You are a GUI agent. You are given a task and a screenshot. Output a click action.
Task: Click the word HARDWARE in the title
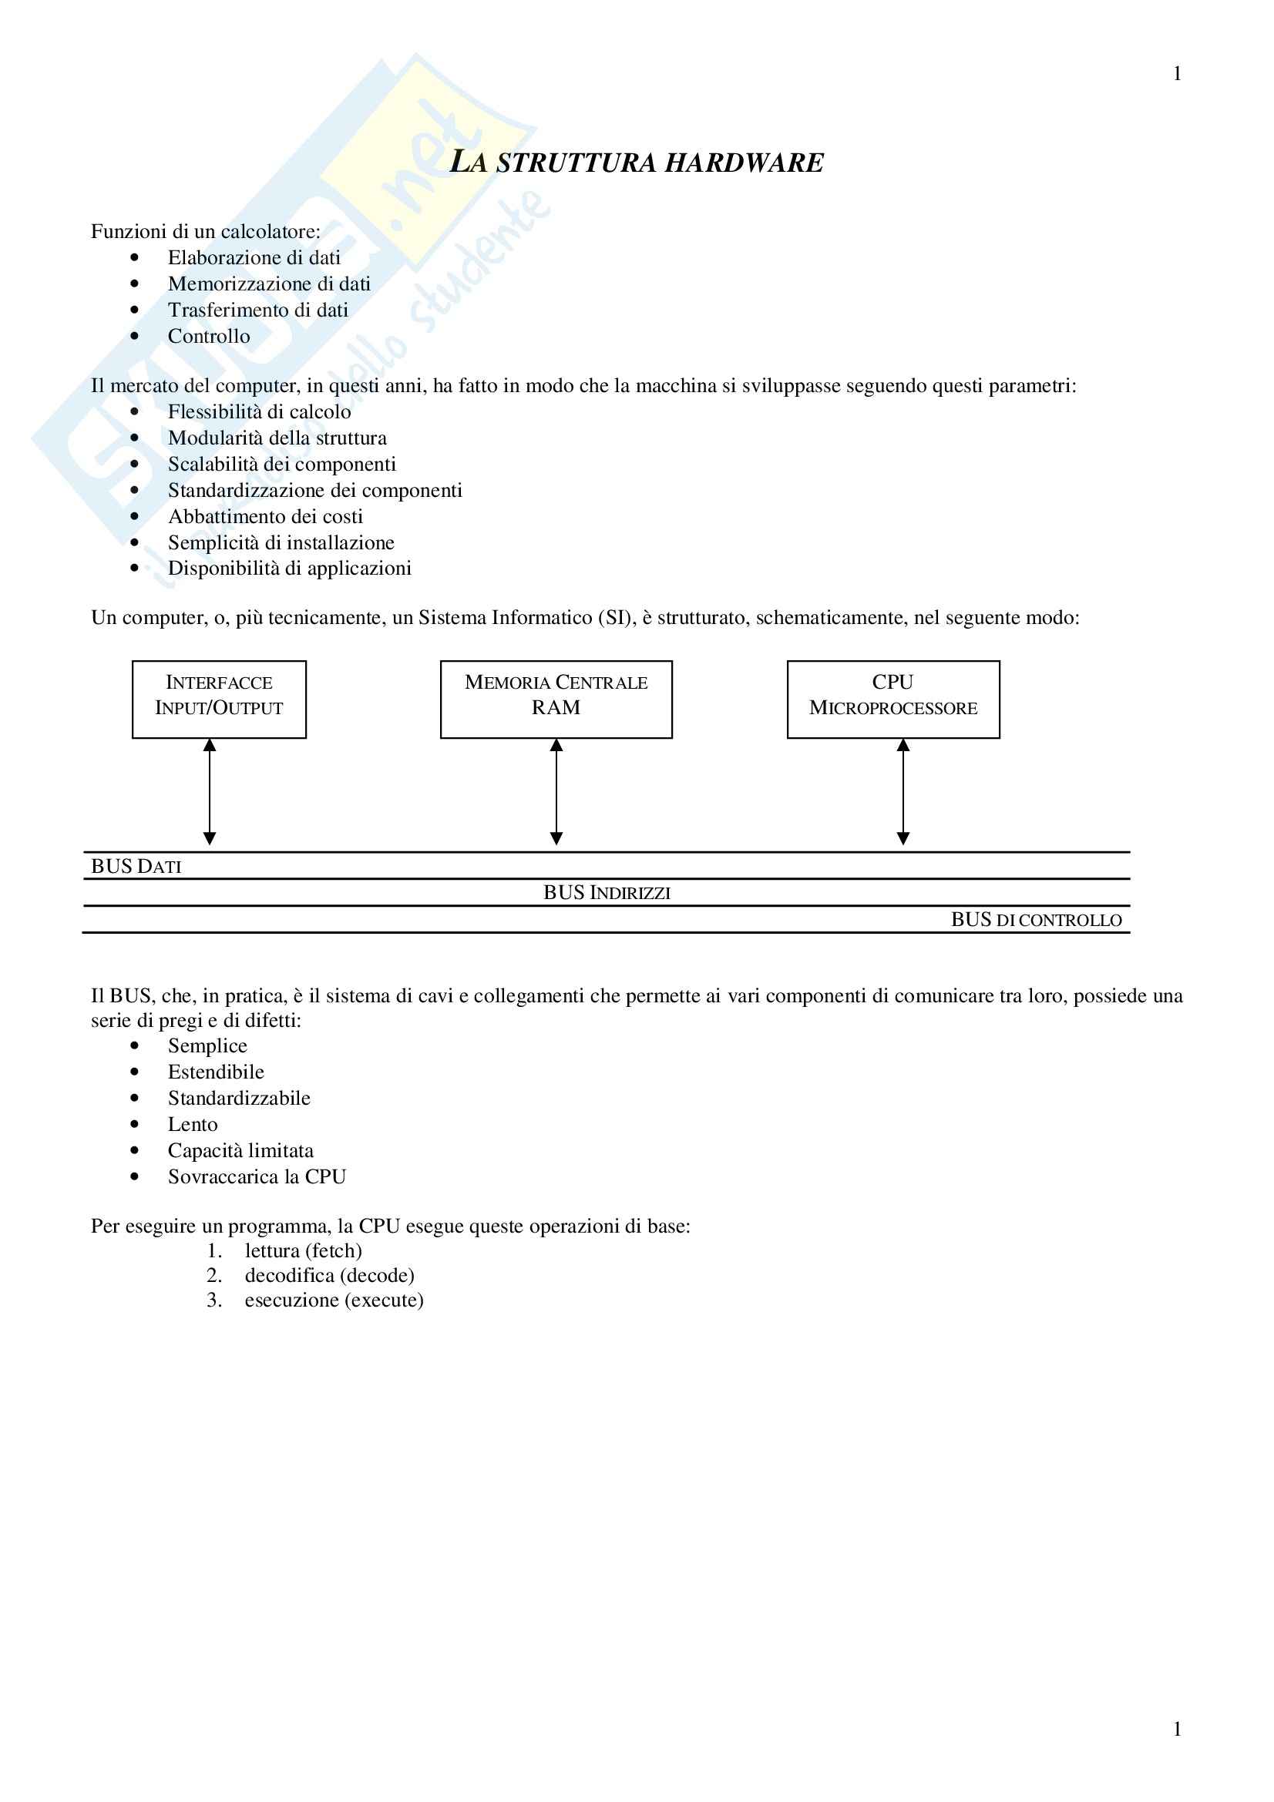pyautogui.click(x=745, y=163)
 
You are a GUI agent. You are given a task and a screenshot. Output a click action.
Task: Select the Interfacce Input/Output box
pyautogui.click(x=219, y=699)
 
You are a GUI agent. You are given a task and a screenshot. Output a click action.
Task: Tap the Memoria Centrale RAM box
pyautogui.click(x=556, y=699)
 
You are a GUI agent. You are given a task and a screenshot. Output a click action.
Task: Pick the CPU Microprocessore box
pyautogui.click(x=892, y=699)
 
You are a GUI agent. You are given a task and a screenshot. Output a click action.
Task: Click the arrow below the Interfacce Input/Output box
pyautogui.click(x=210, y=791)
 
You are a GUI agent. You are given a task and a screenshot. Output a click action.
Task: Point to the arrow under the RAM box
pyautogui.click(x=556, y=791)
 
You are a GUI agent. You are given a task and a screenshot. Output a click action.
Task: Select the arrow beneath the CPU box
pyautogui.click(x=903, y=791)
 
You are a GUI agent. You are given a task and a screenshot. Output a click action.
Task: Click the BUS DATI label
pyautogui.click(x=136, y=867)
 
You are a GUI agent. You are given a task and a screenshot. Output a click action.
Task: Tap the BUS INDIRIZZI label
pyautogui.click(x=607, y=893)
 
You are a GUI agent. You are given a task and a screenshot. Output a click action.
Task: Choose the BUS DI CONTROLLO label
pyautogui.click(x=1036, y=920)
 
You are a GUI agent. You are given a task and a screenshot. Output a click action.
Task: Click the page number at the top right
pyautogui.click(x=1177, y=74)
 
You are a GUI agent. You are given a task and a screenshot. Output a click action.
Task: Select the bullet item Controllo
pyautogui.click(x=209, y=336)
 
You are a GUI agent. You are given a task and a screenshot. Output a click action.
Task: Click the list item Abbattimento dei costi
pyautogui.click(x=265, y=516)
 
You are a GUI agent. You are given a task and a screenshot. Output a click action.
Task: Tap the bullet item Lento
pyautogui.click(x=193, y=1124)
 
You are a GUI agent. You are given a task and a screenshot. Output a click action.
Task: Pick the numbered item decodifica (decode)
pyautogui.click(x=329, y=1274)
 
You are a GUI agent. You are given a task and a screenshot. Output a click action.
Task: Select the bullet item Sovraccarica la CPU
pyautogui.click(x=257, y=1176)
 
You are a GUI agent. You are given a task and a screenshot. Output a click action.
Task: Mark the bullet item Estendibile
pyautogui.click(x=216, y=1072)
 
